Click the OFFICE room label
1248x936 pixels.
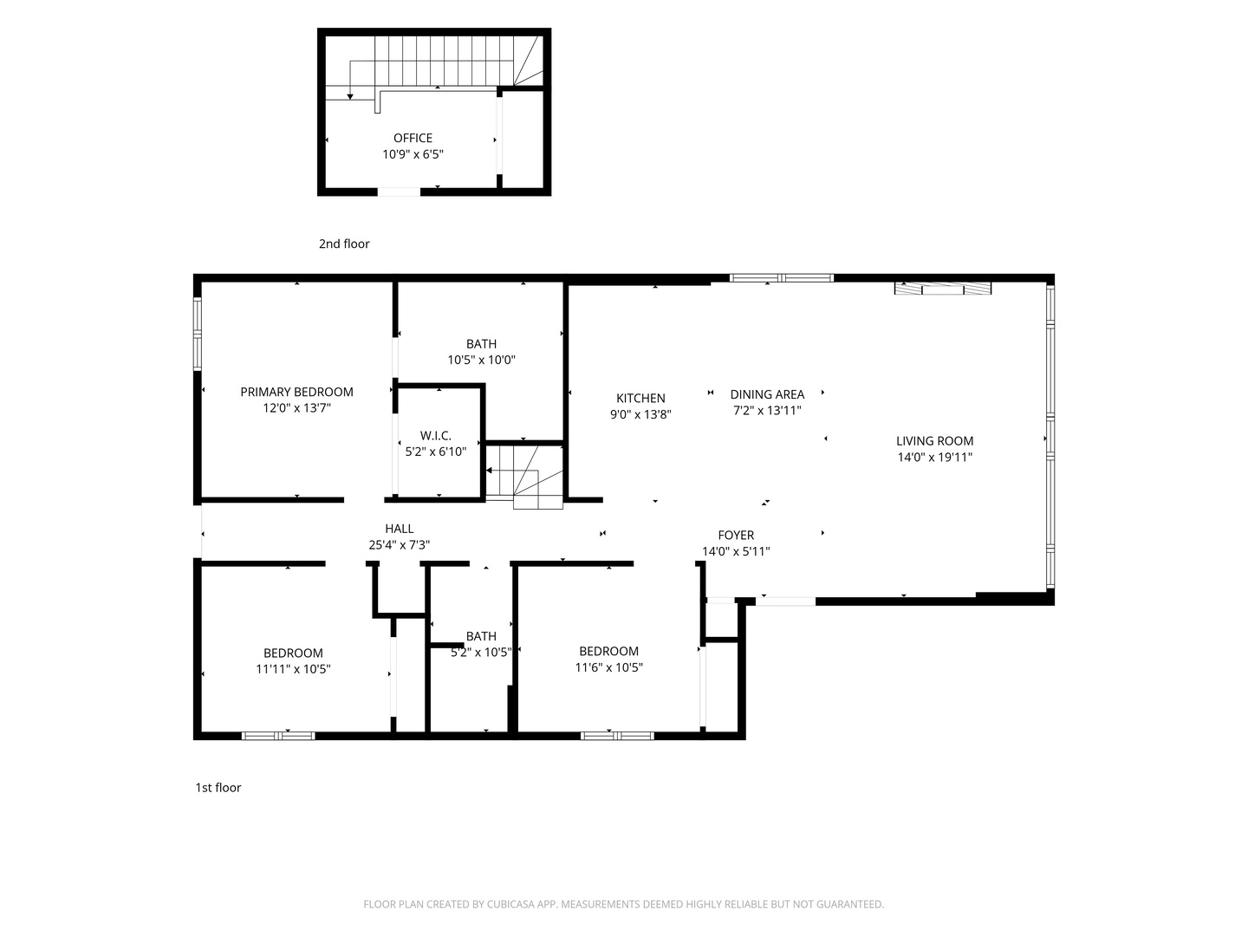click(413, 138)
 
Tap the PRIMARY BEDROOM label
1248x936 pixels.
click(296, 392)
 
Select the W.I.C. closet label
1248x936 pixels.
click(436, 435)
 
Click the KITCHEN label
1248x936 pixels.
click(640, 398)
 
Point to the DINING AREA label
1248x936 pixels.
click(767, 393)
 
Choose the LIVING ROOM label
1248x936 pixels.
click(935, 440)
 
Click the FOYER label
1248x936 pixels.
click(736, 535)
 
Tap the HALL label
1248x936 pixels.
click(400, 529)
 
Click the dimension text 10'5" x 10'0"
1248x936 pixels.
click(481, 360)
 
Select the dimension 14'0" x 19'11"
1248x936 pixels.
click(935, 457)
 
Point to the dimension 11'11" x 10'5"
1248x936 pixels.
click(293, 669)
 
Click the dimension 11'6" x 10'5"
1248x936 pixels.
click(608, 667)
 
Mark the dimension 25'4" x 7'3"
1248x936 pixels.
click(400, 545)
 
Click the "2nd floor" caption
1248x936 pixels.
click(344, 244)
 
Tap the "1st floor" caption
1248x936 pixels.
click(218, 788)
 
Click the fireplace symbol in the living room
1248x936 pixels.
click(943, 288)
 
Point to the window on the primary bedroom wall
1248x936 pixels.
click(198, 335)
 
